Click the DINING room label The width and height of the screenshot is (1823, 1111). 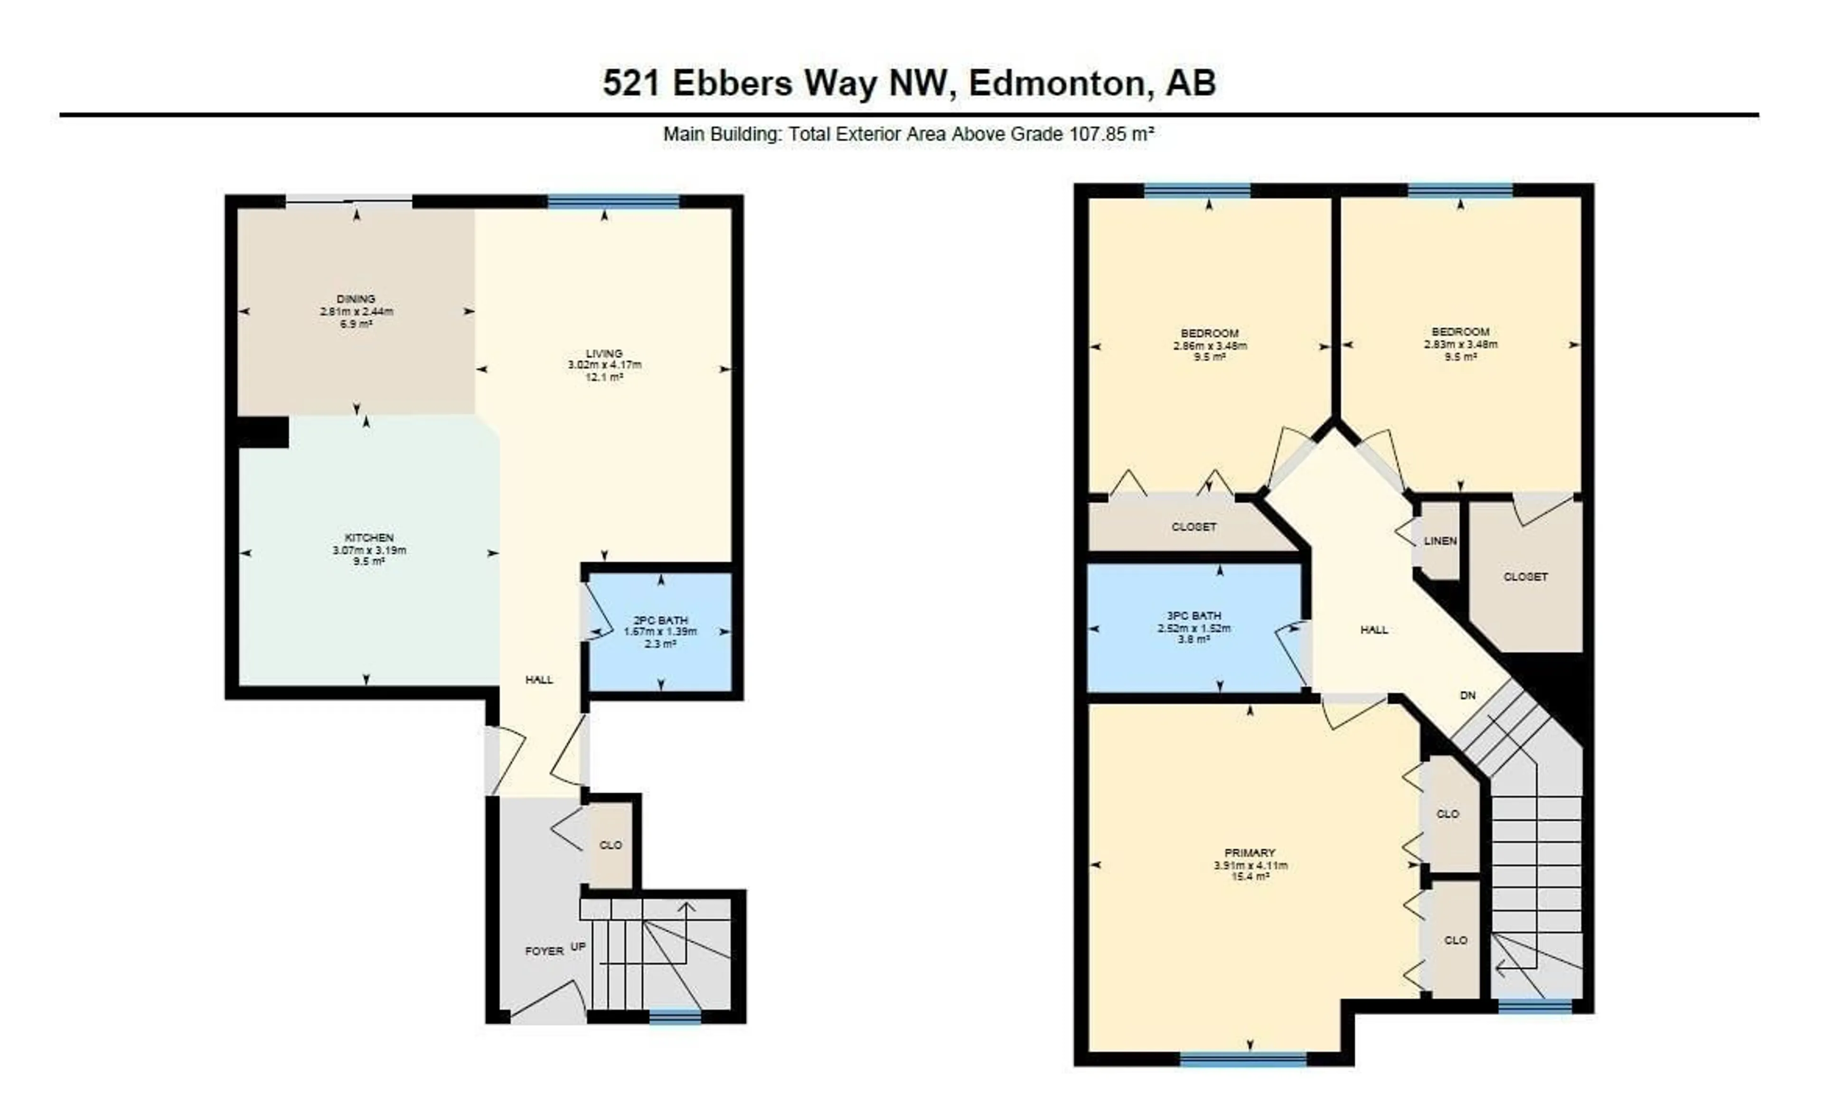pyautogui.click(x=356, y=299)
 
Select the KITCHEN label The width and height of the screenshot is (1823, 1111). pyautogui.click(x=369, y=538)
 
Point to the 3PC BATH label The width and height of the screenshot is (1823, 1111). pyautogui.click(x=1194, y=616)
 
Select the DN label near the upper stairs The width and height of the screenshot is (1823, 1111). pyautogui.click(x=1468, y=695)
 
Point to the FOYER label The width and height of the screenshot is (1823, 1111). pyautogui.click(x=544, y=951)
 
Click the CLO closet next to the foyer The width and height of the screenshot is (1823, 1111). pyautogui.click(x=611, y=845)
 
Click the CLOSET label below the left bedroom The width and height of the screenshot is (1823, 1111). pyautogui.click(x=1194, y=527)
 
